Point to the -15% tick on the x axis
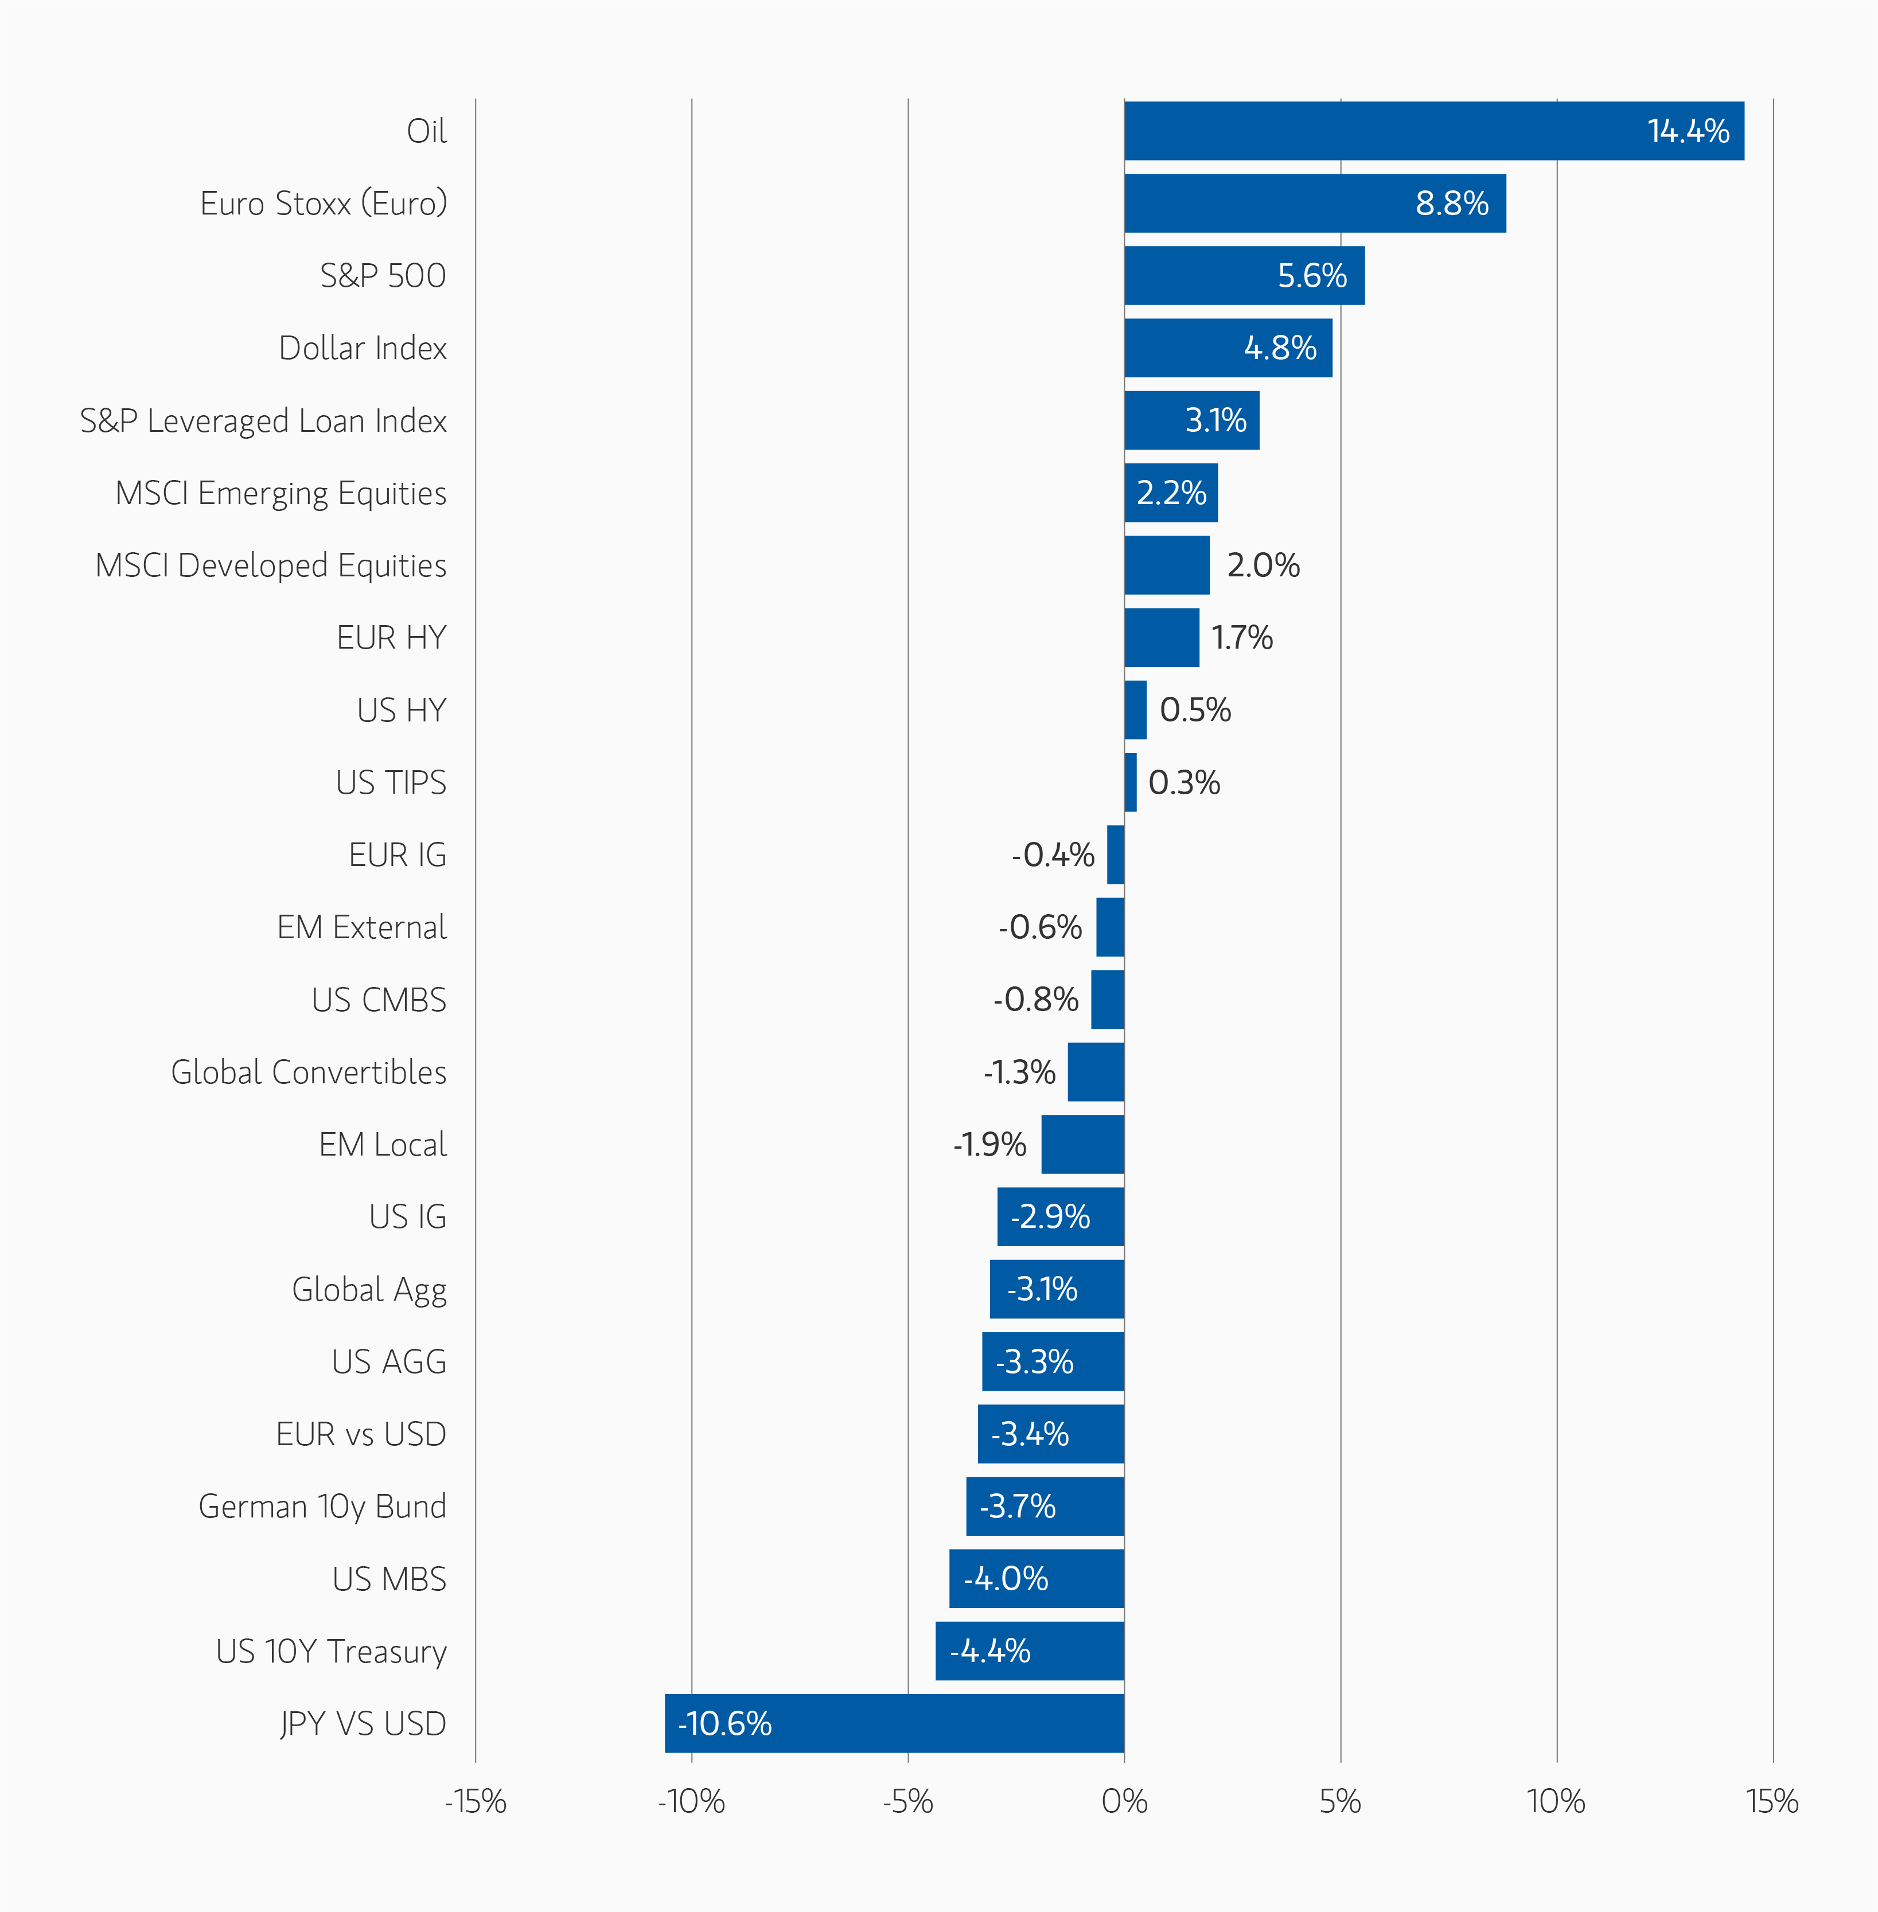(x=476, y=1801)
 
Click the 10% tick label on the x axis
(x=1556, y=1801)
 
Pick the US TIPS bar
(x=1131, y=782)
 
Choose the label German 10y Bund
(x=322, y=1507)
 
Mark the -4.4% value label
(x=989, y=1650)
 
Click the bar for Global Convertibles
(x=1096, y=1072)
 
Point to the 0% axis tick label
(x=1124, y=1801)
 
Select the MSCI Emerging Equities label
(x=281, y=493)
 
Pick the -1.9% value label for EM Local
(x=989, y=1144)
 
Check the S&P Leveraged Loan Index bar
(x=1191, y=420)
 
